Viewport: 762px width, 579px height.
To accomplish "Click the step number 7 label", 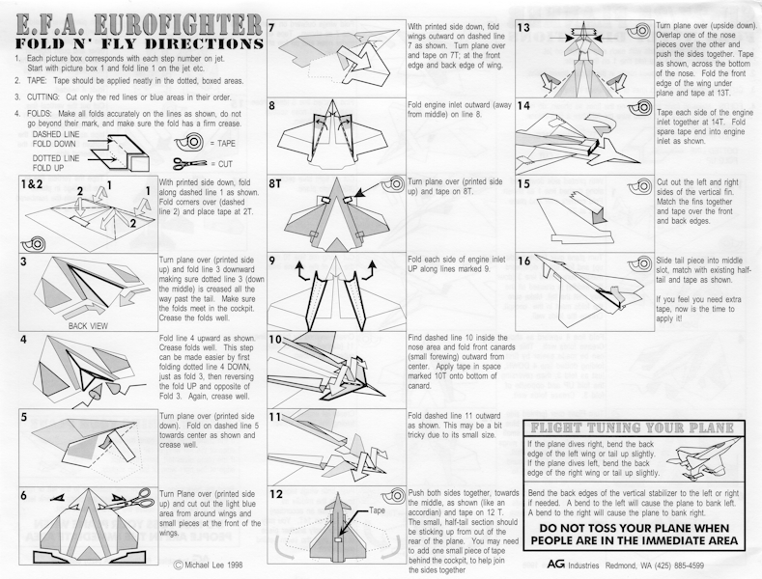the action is pyautogui.click(x=272, y=28).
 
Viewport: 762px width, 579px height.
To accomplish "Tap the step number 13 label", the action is pyautogui.click(x=523, y=28).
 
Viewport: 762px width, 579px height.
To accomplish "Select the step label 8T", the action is pyautogui.click(x=275, y=184).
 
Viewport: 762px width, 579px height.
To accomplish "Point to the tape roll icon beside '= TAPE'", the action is pyautogui.click(x=190, y=143).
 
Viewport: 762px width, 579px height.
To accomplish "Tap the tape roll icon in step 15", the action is pyautogui.click(x=643, y=185).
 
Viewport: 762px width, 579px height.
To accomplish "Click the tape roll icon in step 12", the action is pyautogui.click(x=393, y=496).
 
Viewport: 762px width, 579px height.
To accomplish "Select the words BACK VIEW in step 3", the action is pyautogui.click(x=88, y=326).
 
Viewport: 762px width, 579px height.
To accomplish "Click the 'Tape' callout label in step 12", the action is pyautogui.click(x=377, y=510).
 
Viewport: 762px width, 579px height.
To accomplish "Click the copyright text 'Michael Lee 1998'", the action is pyautogui.click(x=208, y=565).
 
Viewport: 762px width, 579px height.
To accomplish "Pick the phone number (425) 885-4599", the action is pyautogui.click(x=679, y=565).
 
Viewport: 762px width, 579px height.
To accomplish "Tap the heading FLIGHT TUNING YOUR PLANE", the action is pyautogui.click(x=633, y=427).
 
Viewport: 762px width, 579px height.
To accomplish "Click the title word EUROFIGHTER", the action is pyautogui.click(x=179, y=24).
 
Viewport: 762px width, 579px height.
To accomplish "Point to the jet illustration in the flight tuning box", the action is pyautogui.click(x=703, y=455).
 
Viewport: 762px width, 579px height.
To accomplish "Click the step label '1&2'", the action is pyautogui.click(x=32, y=184).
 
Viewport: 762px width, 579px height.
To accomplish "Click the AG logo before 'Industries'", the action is pyautogui.click(x=556, y=565).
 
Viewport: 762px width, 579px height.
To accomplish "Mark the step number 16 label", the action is pyautogui.click(x=523, y=261).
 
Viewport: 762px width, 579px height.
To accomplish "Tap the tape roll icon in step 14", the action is pyautogui.click(x=643, y=107).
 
